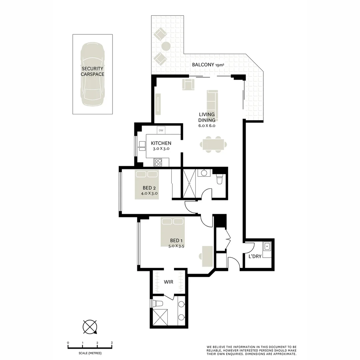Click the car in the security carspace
[92, 74]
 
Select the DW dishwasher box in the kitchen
[161, 130]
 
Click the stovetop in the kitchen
[158, 162]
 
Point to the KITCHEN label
[161, 143]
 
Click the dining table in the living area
[214, 144]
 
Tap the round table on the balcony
[166, 46]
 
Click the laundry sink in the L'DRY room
[267, 247]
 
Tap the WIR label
[168, 282]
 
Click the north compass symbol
[90, 327]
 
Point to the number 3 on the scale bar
[112, 343]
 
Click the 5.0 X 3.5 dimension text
[177, 246]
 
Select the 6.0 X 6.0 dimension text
[207, 126]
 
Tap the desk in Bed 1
[207, 256]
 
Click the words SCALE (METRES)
[90, 353]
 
